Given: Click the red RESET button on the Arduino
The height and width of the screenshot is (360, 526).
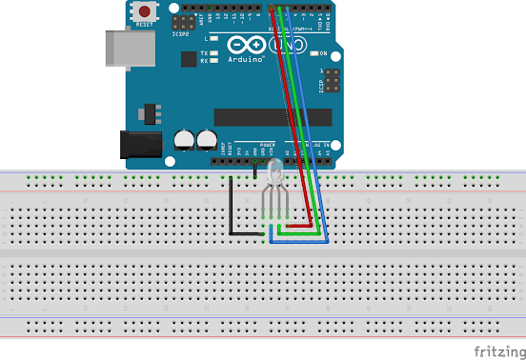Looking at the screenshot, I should click(x=146, y=13).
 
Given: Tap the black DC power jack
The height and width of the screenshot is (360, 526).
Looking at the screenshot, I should click(x=136, y=144).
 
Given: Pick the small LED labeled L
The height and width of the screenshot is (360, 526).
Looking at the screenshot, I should click(x=215, y=38).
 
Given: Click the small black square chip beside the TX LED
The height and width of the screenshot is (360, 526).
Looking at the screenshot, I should click(x=190, y=58).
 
